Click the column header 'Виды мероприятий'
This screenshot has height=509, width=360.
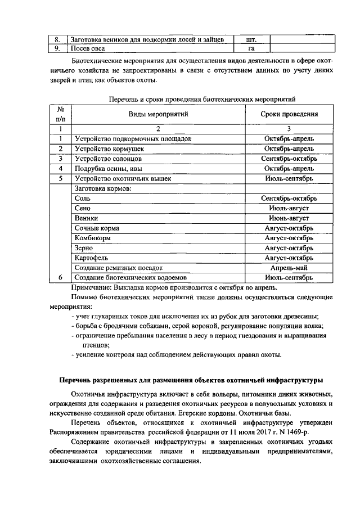tap(158, 114)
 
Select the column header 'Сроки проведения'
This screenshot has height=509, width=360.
tap(289, 114)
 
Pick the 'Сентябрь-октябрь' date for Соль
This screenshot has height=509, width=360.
tap(289, 199)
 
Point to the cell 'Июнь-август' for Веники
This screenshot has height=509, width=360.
tap(289, 218)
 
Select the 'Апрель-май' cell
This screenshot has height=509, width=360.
tap(289, 268)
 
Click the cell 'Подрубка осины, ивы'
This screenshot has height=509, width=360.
tap(106, 169)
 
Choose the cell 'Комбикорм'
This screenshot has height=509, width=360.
tap(92, 238)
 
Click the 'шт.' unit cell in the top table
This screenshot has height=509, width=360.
tap(251, 40)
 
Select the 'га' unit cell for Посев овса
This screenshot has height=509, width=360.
tap(251, 49)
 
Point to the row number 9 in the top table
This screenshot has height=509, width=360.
tap(57, 49)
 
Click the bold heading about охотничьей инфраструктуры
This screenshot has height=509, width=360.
tap(191, 380)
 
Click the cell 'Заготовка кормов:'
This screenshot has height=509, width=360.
tap(102, 188)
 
